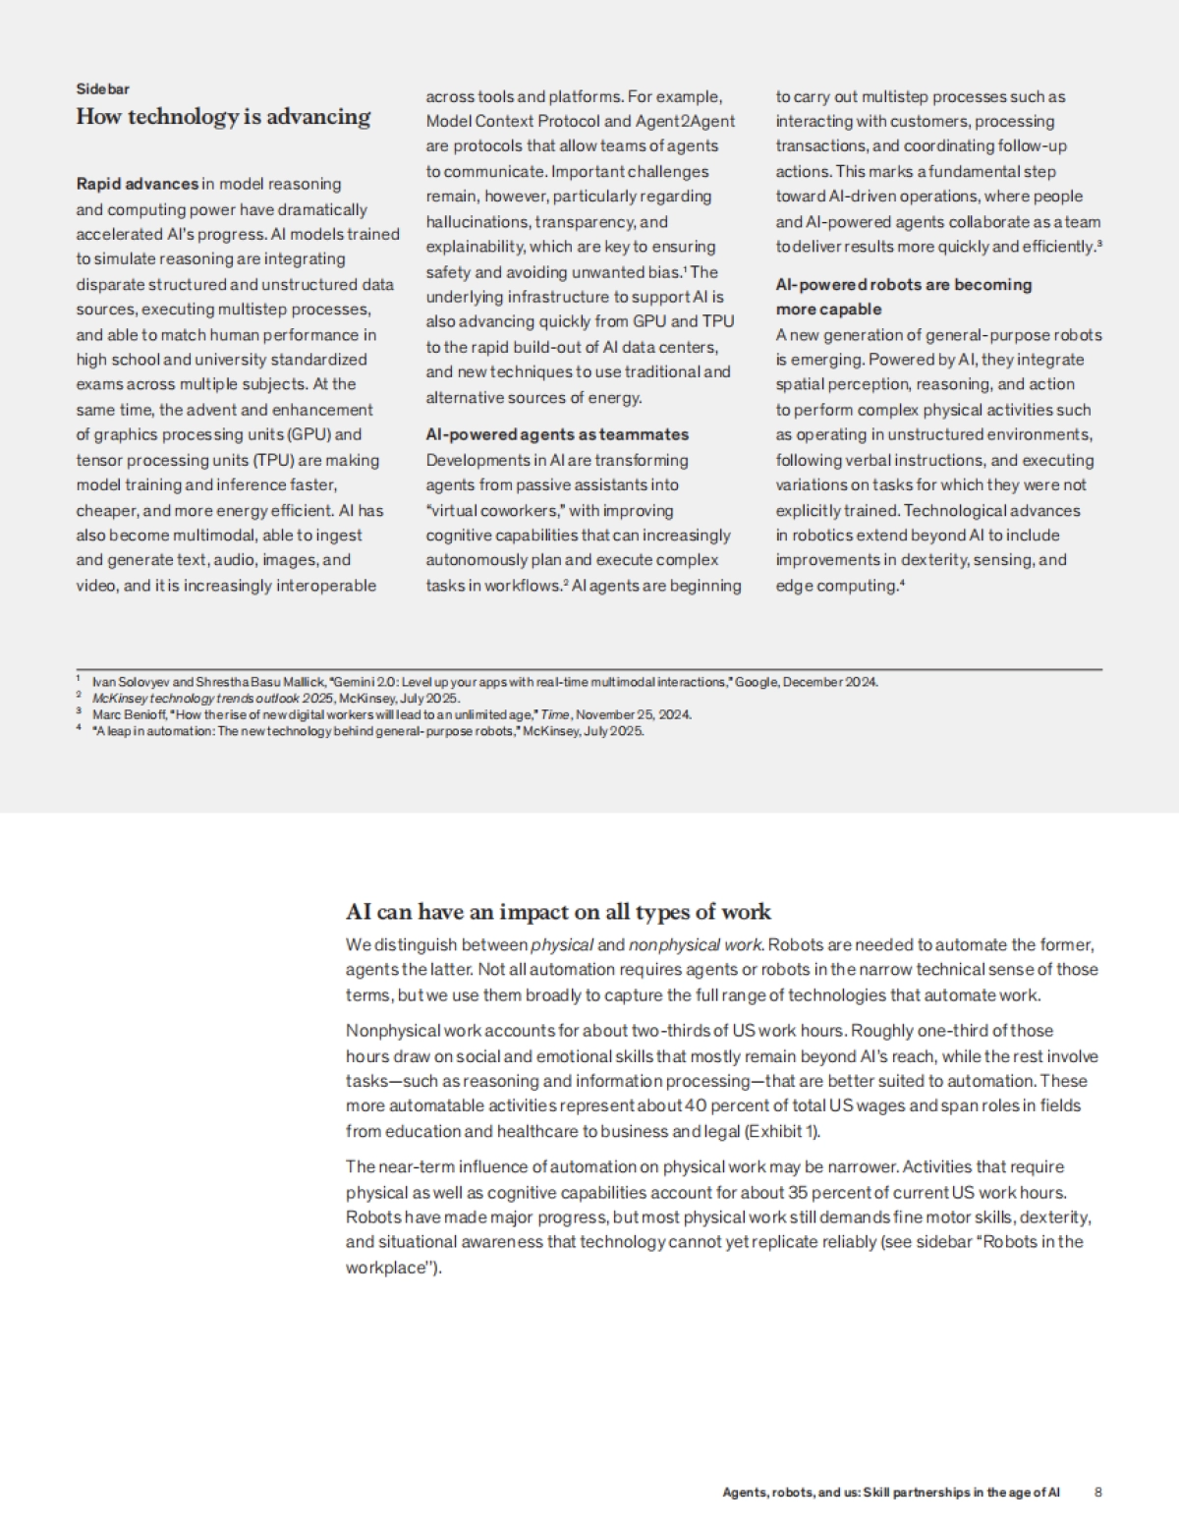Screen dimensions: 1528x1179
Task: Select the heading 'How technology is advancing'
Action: coord(223,117)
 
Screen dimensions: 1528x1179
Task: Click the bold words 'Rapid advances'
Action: coord(138,184)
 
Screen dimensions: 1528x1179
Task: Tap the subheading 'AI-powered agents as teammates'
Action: coord(557,434)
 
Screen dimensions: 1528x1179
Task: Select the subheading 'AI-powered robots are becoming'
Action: coord(903,285)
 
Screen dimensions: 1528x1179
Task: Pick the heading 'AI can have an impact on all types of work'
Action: coord(558,912)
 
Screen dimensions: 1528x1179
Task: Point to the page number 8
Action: coord(1097,1492)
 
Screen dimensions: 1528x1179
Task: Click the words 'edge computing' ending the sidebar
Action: coord(835,586)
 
